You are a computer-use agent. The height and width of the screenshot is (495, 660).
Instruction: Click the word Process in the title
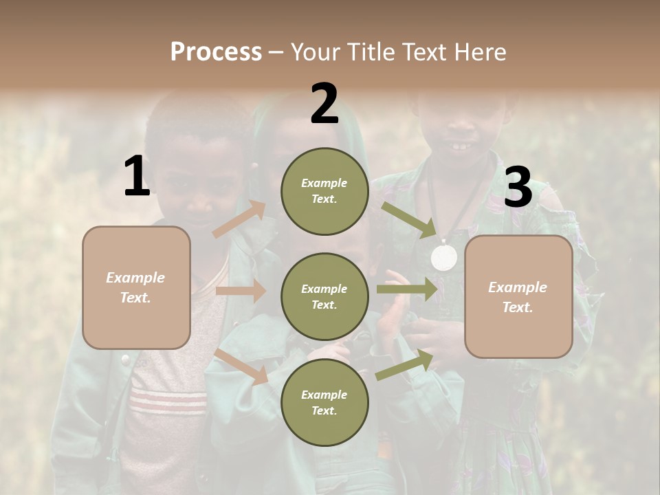click(216, 52)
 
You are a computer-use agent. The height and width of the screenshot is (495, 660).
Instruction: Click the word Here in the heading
click(476, 52)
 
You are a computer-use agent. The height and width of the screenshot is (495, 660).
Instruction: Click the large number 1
click(137, 177)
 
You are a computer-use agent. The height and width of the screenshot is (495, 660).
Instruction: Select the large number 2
click(324, 104)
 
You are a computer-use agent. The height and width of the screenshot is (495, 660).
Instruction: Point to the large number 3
click(518, 188)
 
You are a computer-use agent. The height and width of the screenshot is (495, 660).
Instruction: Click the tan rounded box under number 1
click(136, 287)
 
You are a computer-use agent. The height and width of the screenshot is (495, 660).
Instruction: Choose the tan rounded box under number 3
click(518, 297)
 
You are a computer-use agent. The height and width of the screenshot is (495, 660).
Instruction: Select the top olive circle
click(324, 191)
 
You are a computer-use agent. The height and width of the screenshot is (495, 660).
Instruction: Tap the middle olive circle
click(324, 297)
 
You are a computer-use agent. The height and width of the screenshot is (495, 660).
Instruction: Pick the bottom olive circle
click(324, 403)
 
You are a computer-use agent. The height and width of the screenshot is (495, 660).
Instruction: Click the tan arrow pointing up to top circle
click(239, 219)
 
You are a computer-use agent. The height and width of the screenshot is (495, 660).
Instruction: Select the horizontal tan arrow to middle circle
click(241, 291)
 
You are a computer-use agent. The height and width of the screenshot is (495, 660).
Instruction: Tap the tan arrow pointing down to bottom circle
click(241, 366)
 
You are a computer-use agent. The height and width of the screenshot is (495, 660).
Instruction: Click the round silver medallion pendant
click(444, 257)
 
